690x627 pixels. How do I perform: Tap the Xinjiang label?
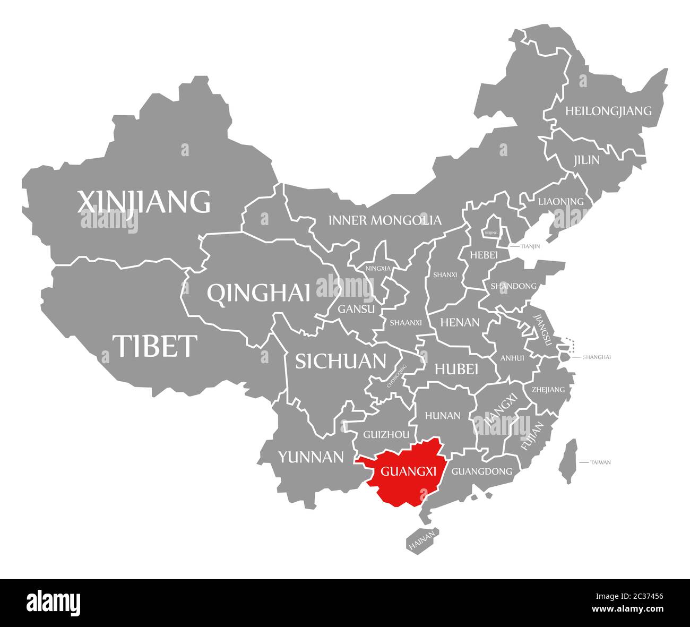pos(144,201)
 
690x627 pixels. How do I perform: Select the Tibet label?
pos(154,346)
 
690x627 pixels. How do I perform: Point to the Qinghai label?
pos(258,293)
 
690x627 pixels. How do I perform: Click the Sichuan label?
pos(340,361)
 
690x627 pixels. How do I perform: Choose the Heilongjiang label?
pos(608,111)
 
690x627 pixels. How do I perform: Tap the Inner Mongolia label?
pos(385,220)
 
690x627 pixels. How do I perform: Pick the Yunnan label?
pos(311,457)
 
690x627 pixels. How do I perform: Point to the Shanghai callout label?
pos(597,357)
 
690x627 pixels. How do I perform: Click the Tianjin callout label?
pos(530,246)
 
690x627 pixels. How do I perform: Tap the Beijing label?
pos(491,233)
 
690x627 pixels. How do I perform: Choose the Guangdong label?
pos(481,471)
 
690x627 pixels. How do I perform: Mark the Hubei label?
pos(456,368)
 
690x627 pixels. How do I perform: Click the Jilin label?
pos(586,160)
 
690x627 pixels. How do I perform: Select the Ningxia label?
pos(378,268)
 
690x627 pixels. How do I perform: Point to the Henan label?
pos(460,322)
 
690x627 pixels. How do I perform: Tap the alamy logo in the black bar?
pos(54,603)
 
